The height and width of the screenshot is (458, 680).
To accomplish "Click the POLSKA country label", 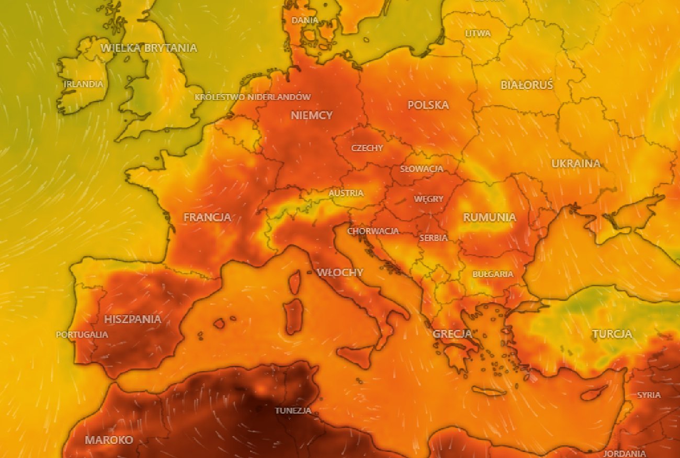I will point(428,105).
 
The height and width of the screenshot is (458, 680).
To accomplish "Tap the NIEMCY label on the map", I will point(312,116).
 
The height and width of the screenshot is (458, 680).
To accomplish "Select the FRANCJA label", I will point(207,217).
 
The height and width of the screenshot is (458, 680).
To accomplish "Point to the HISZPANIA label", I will point(133,319).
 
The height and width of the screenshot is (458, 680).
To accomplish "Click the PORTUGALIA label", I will point(82,335).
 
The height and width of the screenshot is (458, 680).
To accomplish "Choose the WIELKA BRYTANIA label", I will point(149,48).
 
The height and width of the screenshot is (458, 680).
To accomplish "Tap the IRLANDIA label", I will point(84,84).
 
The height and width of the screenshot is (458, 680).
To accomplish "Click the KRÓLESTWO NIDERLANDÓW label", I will point(253,97).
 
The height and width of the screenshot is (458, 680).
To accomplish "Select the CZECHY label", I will point(367,148).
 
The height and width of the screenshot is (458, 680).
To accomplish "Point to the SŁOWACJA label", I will point(422,169).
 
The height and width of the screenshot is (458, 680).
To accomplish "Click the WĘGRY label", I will point(428,199).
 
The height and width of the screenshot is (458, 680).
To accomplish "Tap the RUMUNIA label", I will point(490,217).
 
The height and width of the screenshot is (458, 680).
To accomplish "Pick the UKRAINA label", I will point(576,164).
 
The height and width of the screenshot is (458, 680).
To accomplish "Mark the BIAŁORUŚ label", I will point(527,85).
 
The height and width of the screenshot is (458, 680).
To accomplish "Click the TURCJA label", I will point(612,334).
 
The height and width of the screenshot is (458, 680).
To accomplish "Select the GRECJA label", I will point(452,334).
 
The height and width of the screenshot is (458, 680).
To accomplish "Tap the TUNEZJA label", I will point(293,410).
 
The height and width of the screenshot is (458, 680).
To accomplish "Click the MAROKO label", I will point(109,440).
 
